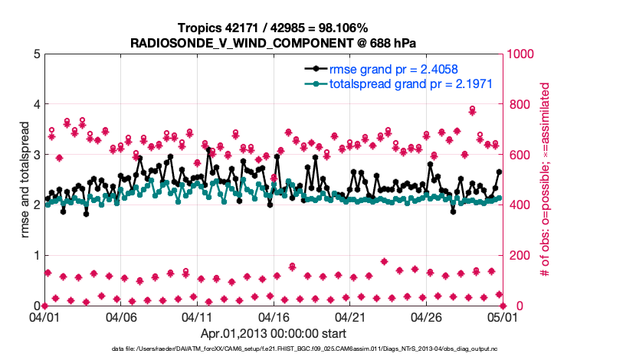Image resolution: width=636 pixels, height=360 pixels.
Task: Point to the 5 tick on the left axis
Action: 37,54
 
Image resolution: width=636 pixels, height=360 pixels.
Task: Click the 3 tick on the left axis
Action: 37,155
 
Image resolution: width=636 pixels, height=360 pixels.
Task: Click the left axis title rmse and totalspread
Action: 24,180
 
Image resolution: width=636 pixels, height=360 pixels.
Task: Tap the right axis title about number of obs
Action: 546,180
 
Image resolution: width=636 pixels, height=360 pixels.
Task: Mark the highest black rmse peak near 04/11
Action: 208,151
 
